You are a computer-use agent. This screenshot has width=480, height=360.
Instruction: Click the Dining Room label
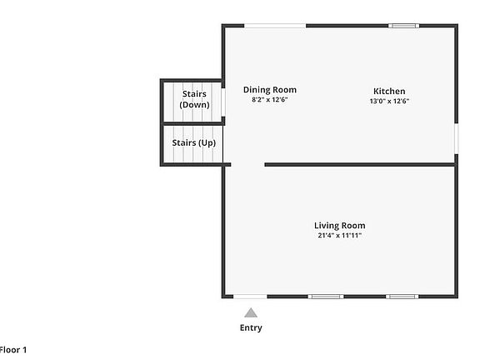click(x=269, y=90)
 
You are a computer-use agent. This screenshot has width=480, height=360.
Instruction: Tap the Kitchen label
click(x=389, y=91)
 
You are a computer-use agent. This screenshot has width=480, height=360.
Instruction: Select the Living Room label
click(x=339, y=226)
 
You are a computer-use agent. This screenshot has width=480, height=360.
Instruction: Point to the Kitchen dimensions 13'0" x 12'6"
click(x=389, y=101)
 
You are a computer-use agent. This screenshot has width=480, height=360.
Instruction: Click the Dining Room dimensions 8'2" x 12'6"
click(x=269, y=100)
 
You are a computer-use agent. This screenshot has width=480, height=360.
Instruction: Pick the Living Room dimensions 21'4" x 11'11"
click(x=339, y=236)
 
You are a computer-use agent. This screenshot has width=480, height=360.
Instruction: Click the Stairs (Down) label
click(x=194, y=99)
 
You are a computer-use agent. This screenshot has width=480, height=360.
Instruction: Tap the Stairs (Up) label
click(x=194, y=143)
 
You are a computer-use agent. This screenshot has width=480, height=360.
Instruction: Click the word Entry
click(x=251, y=327)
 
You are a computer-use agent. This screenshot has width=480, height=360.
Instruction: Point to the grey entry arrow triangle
click(x=251, y=312)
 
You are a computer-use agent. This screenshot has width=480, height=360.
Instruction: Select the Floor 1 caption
click(x=12, y=350)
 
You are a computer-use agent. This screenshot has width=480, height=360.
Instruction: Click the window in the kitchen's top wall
click(x=404, y=26)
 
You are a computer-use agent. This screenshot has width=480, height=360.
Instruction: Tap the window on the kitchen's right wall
click(x=456, y=138)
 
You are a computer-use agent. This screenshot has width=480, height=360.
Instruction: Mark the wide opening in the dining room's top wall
click(x=275, y=26)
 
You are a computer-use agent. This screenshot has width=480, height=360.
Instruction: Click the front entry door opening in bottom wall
click(x=250, y=296)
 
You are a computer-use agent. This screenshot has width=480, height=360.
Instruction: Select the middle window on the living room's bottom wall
click(x=326, y=296)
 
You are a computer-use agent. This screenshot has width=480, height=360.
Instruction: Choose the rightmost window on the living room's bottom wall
click(x=402, y=296)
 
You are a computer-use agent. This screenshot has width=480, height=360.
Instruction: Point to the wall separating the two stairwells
click(x=192, y=123)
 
